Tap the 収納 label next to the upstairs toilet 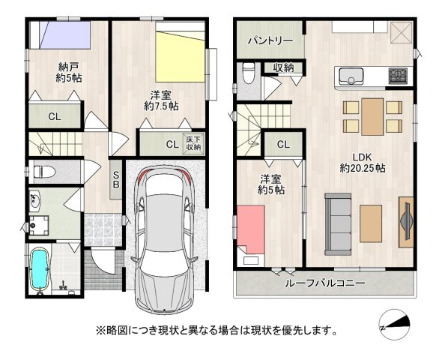click(x=283, y=68)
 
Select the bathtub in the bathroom click(x=40, y=269)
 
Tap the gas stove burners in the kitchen click(x=398, y=75)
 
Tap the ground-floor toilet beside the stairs click(x=44, y=171)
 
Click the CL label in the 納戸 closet click(x=54, y=116)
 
